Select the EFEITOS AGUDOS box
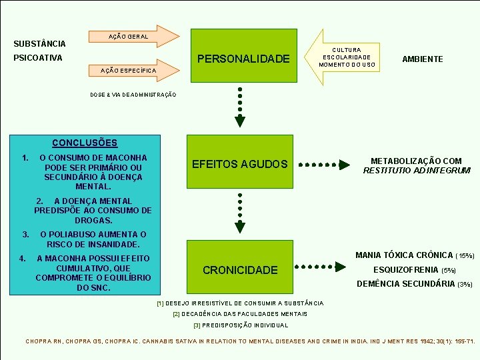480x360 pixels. click(240, 164)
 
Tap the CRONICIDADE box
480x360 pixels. click(240, 269)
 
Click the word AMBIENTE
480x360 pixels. click(422, 59)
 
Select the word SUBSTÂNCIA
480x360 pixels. click(40, 44)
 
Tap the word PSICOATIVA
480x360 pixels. click(38, 58)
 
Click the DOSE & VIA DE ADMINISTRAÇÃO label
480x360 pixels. click(133, 95)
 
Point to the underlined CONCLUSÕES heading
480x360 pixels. click(85, 143)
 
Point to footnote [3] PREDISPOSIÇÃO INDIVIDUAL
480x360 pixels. click(241, 325)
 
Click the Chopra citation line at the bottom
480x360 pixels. click(250, 341)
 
